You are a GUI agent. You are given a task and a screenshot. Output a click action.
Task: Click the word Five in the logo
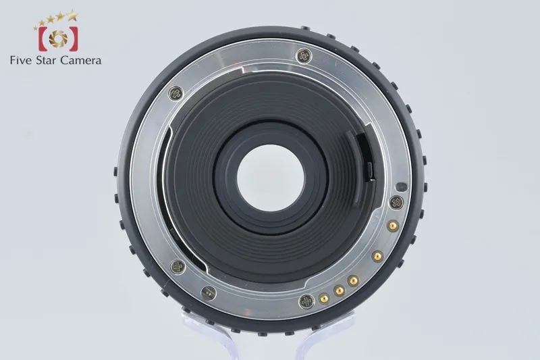coord(21,60)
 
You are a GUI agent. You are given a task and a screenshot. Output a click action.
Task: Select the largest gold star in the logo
coord(72,15)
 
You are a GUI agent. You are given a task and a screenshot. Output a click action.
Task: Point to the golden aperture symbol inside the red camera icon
coord(58,38)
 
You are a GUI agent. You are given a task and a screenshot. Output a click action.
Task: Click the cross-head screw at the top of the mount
coord(304,56)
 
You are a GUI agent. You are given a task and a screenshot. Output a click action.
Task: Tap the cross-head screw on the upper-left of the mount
coord(176,93)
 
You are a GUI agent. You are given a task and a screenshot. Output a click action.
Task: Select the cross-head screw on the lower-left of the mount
coord(178,267)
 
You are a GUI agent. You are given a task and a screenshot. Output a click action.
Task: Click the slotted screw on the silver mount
coord(209,293)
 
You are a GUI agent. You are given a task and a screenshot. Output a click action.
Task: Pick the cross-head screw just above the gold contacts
coord(396,203)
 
